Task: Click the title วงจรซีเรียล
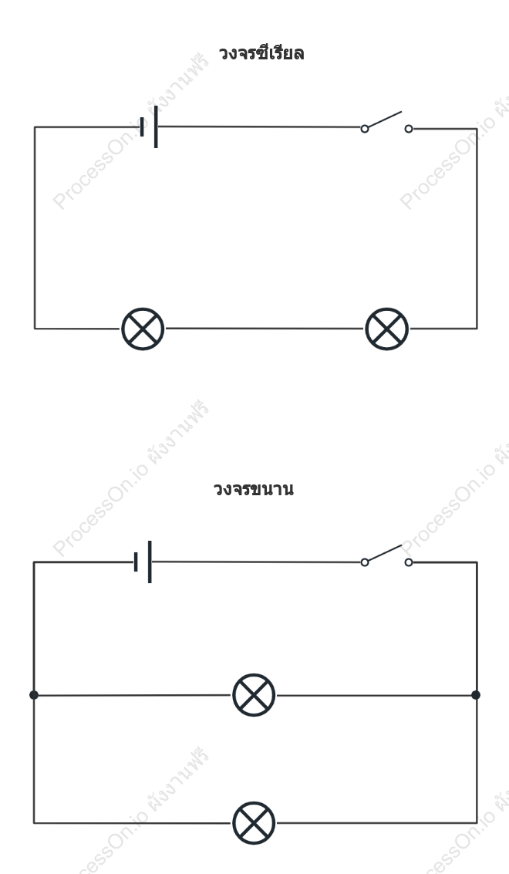click(261, 53)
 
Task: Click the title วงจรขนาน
click(254, 489)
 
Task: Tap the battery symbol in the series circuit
click(149, 127)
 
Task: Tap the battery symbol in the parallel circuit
click(143, 562)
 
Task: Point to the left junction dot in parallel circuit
click(34, 695)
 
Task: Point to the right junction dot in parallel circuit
click(476, 695)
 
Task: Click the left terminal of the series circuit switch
click(365, 129)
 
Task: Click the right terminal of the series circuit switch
click(409, 129)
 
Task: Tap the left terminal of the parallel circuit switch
click(365, 562)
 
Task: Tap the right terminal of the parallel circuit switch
click(409, 562)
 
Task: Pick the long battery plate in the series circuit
click(156, 127)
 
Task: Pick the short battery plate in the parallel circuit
click(136, 562)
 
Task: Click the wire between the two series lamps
click(265, 329)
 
